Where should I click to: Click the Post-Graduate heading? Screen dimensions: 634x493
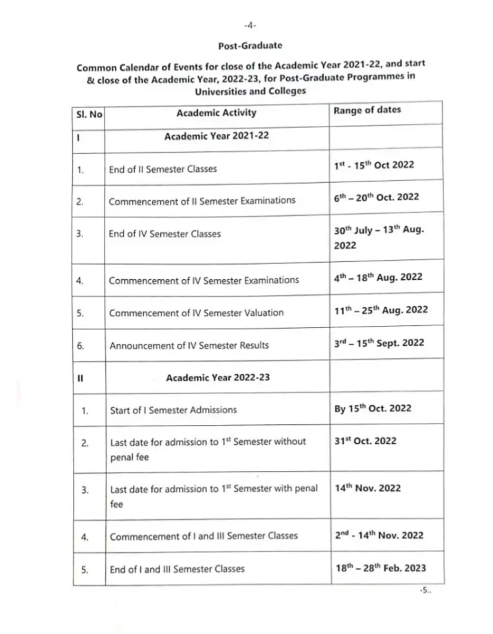coord(250,46)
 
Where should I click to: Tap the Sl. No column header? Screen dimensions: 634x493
coord(89,113)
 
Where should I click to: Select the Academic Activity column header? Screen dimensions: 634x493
coord(216,113)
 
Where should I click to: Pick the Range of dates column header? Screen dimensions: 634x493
coord(366,110)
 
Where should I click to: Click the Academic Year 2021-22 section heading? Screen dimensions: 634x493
coord(216,136)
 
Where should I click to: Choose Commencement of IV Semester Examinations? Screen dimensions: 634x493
coord(204,280)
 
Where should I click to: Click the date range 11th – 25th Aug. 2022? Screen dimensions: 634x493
coord(380,310)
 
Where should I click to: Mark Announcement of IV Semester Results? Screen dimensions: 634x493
coord(189,345)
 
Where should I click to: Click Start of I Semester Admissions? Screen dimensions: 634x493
coord(173,410)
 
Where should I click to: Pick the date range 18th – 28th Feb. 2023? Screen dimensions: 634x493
coord(378,567)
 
